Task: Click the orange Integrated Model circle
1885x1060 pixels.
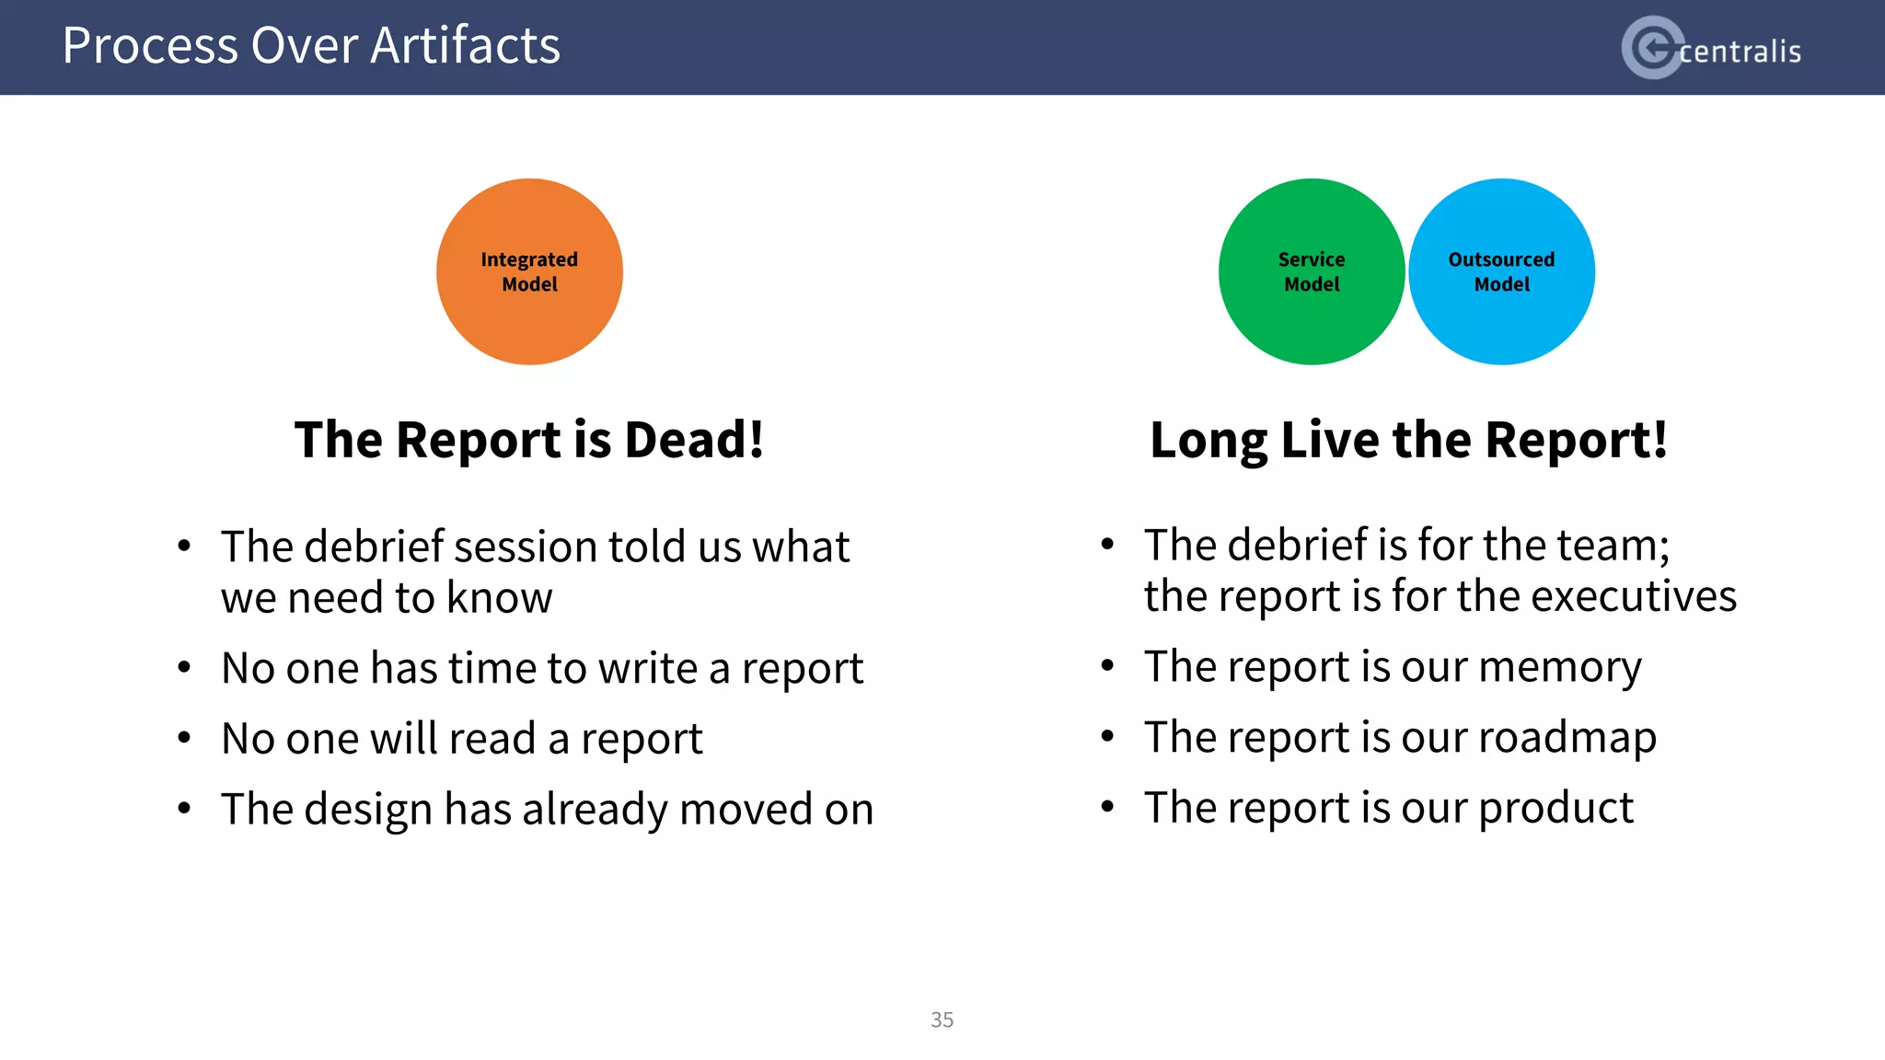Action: coord(529,271)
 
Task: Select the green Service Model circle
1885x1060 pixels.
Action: coord(1311,271)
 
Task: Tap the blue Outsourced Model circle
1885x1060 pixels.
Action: coord(1501,271)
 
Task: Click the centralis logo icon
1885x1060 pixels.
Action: coord(1653,48)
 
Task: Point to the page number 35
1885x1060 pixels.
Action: coord(942,1020)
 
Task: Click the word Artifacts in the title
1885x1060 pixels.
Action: coord(465,46)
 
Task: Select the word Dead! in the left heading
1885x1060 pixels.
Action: coord(694,440)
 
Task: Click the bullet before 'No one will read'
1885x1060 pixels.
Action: coord(184,739)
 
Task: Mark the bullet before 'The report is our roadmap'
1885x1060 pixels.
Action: coord(1107,737)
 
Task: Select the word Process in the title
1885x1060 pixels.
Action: coord(150,46)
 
